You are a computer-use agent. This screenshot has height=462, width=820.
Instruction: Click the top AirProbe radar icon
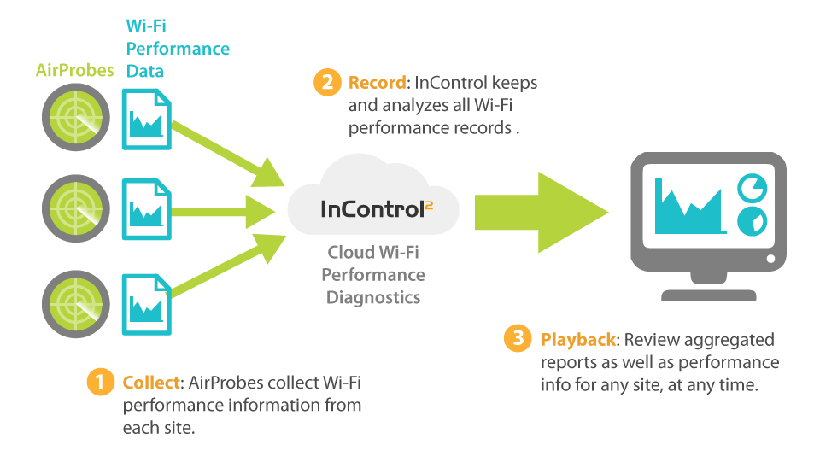point(75,117)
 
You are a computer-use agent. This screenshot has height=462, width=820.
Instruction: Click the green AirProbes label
point(74,71)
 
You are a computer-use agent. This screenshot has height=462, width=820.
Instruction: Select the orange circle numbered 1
point(100,383)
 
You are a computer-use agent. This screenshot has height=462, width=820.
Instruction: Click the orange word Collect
point(151,383)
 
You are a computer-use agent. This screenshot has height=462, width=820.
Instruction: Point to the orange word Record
point(377,83)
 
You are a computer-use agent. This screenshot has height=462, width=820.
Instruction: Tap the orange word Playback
point(577,340)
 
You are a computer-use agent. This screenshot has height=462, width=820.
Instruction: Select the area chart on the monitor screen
point(688,208)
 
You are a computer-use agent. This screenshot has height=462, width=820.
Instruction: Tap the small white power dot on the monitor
point(770,258)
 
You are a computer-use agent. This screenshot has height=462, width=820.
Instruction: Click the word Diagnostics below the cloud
point(373,298)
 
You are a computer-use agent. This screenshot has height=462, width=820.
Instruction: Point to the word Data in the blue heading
point(145,72)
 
